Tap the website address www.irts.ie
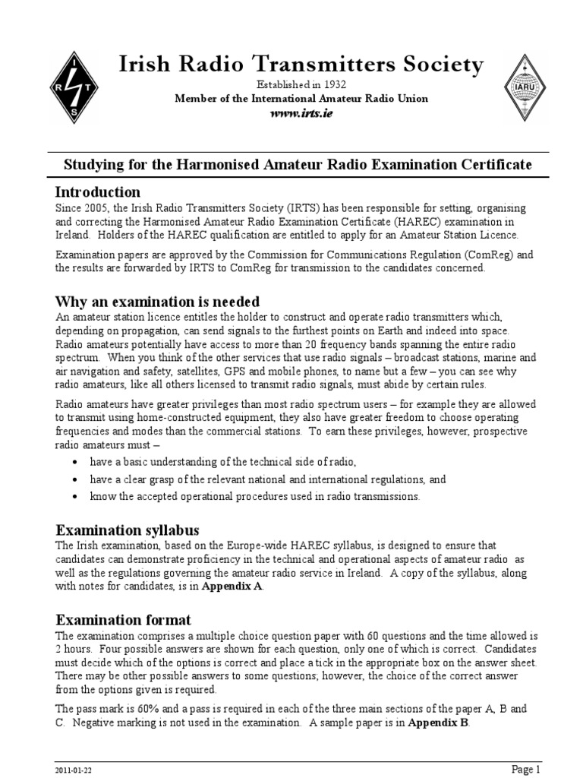coord(301,113)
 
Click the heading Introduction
coord(98,191)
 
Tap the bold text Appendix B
coord(438,723)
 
